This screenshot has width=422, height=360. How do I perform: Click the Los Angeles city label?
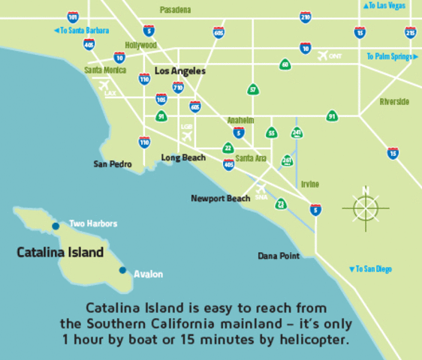pos(179,70)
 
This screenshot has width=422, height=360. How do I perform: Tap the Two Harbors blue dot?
pos(56,226)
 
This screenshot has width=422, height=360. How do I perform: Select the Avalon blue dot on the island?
pos(122,270)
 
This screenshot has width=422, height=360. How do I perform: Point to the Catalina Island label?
pos(60,253)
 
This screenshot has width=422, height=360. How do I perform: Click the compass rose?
pos(366,206)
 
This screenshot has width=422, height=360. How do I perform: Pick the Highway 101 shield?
pos(73,16)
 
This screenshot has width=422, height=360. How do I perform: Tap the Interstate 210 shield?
pos(306,16)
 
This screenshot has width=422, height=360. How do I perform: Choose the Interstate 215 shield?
pos(410,32)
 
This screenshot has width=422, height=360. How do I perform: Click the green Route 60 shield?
pos(285,64)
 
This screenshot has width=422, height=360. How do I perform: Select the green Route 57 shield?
pos(253,90)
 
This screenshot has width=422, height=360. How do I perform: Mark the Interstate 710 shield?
pos(178,87)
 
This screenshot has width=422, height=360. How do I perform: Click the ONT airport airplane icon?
pos(324,56)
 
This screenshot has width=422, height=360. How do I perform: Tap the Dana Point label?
pos(279,256)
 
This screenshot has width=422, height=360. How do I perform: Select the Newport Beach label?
pos(221,199)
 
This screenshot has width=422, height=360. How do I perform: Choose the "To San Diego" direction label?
pos(370,268)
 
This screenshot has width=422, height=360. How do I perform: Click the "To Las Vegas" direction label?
pos(384,6)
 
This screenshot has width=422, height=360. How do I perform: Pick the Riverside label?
pos(394,102)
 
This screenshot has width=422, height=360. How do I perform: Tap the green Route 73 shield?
pos(280,203)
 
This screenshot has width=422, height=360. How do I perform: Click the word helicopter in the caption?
pos(311,339)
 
